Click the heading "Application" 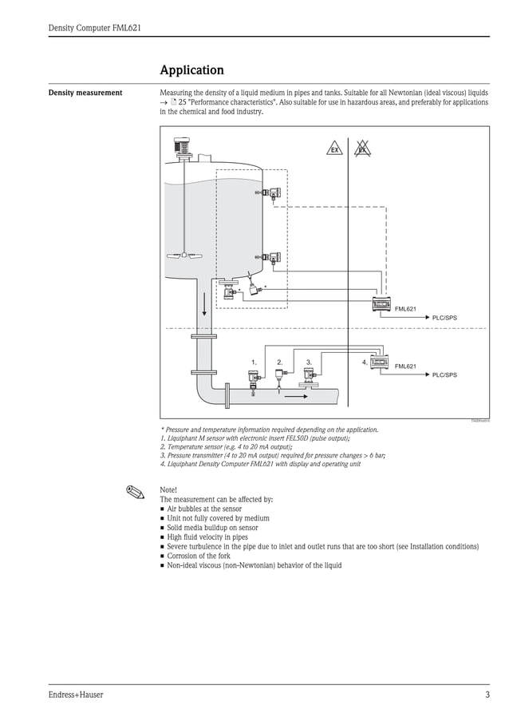(x=191, y=70)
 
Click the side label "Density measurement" (x=85, y=93)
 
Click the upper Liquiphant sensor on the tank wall (x=272, y=193)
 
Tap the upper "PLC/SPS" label (x=444, y=318)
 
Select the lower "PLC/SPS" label (x=444, y=374)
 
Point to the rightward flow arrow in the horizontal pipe (x=295, y=394)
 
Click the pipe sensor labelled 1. (x=254, y=378)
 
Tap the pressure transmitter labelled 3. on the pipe (x=310, y=373)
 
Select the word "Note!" (x=168, y=489)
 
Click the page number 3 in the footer (x=487, y=695)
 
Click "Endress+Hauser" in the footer (x=76, y=695)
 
